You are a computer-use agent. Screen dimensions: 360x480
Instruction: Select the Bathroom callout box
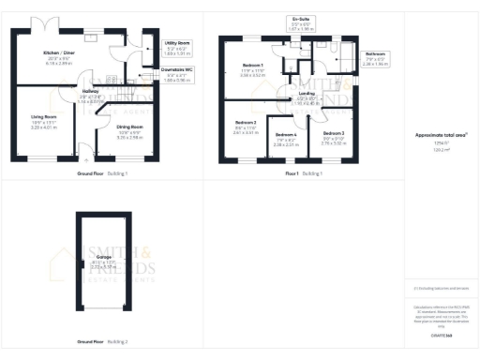click(376, 58)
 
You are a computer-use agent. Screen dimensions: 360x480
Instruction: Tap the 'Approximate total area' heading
click(441, 134)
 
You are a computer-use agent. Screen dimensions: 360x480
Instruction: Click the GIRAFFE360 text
click(442, 334)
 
